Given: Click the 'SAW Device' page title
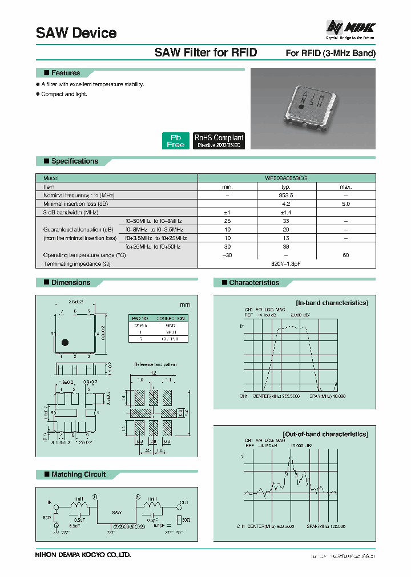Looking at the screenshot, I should (x=76, y=33).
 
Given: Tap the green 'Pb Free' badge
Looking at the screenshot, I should (x=175, y=141).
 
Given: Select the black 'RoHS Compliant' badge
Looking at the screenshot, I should (x=219, y=141).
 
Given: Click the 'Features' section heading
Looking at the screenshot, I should (x=65, y=73).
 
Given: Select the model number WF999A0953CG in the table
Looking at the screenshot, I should (x=287, y=178).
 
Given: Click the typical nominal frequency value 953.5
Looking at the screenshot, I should (x=287, y=195).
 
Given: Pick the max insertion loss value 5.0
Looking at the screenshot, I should (x=346, y=204).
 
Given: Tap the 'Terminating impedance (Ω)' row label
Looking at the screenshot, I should (x=77, y=263).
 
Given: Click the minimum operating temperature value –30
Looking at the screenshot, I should (x=227, y=255).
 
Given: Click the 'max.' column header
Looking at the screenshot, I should (x=346, y=186).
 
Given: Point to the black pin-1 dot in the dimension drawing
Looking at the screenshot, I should (x=65, y=342).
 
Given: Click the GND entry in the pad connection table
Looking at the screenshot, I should (x=170, y=325).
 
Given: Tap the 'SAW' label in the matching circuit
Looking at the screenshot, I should (x=116, y=513).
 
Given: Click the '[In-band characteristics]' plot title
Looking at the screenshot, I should (x=331, y=303).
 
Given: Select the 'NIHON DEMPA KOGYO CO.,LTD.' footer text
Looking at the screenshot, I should (x=83, y=554).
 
